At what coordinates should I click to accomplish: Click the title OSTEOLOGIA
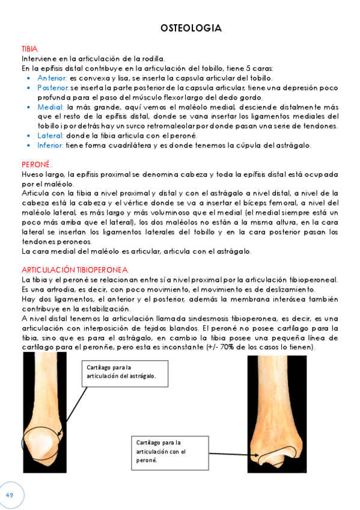click(x=191, y=28)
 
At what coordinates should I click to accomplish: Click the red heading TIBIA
click(x=29, y=49)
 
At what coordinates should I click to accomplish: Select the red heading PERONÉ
click(x=37, y=164)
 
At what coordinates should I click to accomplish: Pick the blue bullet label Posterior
click(x=53, y=88)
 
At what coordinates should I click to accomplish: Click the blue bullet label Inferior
click(x=50, y=145)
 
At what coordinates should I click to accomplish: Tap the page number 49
click(x=10, y=494)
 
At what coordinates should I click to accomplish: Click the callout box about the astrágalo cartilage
click(x=121, y=372)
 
